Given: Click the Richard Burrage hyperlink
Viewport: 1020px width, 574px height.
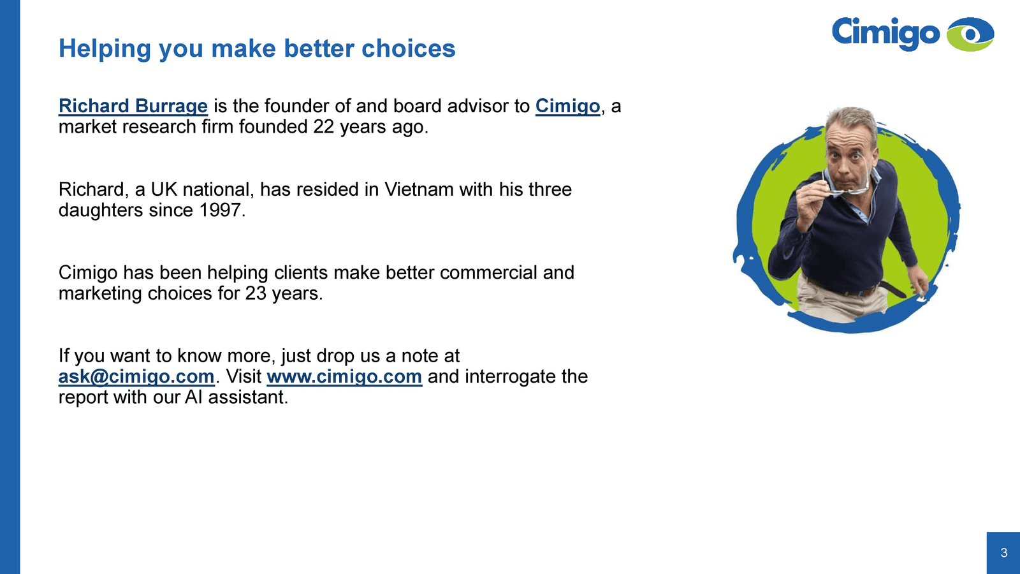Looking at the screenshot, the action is (133, 106).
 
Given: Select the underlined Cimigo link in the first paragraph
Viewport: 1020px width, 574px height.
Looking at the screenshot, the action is (567, 106).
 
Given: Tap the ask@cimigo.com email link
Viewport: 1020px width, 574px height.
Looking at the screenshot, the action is (136, 377).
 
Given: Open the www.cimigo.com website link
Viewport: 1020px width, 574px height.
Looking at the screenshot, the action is (344, 377).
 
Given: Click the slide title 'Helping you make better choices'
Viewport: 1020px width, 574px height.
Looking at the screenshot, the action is (257, 48).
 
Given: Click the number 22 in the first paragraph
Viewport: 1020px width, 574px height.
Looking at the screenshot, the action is (324, 127).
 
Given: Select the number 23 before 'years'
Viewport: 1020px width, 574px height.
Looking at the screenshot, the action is (256, 293).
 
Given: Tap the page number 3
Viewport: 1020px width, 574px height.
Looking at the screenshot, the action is (1003, 552).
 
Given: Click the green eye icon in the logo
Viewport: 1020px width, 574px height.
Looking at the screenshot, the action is (970, 34).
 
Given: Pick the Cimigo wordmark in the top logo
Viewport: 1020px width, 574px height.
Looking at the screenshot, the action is (885, 33).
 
